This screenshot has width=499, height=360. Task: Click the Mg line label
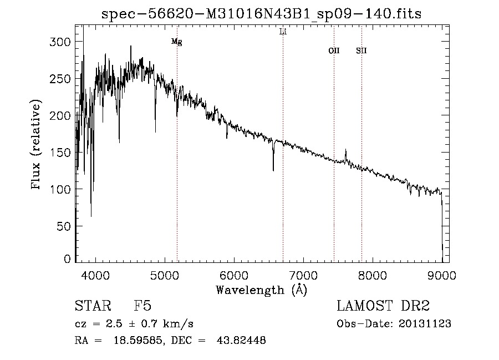coord(176,42)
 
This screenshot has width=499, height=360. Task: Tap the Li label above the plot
coord(283,32)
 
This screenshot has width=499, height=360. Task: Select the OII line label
coord(334,50)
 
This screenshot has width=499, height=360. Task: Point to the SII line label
coord(361,50)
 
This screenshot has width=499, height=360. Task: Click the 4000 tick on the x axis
coord(95,275)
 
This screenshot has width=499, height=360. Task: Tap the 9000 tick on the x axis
coord(441,275)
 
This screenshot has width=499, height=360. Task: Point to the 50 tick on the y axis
coord(64,226)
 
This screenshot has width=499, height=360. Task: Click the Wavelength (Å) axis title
coord(261,290)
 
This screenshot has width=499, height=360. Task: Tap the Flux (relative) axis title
coord(37,145)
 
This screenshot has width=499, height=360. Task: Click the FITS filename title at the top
coord(261,14)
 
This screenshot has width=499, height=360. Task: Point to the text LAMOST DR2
coord(383,306)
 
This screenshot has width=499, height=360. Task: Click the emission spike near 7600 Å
coord(345,151)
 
